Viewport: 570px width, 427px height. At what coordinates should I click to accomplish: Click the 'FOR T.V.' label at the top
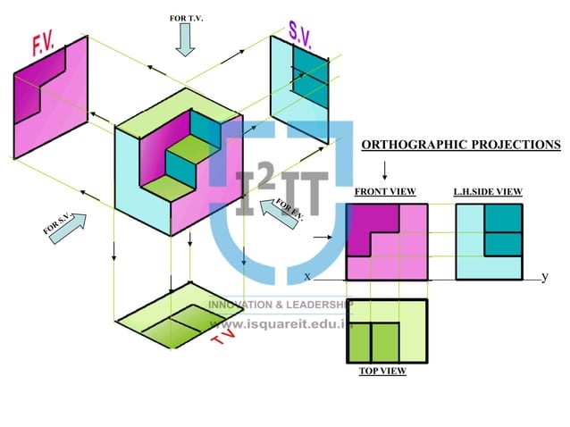point(186,18)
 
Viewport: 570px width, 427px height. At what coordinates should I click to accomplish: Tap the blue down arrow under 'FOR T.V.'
point(186,40)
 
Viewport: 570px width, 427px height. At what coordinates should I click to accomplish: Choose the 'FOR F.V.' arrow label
point(289,212)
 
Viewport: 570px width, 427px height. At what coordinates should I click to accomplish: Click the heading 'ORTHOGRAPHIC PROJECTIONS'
point(461,145)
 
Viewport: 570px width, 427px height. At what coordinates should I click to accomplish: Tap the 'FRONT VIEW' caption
point(385,192)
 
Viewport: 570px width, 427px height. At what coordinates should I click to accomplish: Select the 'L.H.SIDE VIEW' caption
point(488,192)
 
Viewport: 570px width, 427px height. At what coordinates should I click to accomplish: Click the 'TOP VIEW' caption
point(382,371)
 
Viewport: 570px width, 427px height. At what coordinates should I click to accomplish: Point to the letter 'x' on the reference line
point(306,277)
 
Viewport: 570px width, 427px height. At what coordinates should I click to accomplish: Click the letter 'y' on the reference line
point(545,277)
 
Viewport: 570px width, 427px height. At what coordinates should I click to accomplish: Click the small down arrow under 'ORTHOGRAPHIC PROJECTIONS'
point(384,170)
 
